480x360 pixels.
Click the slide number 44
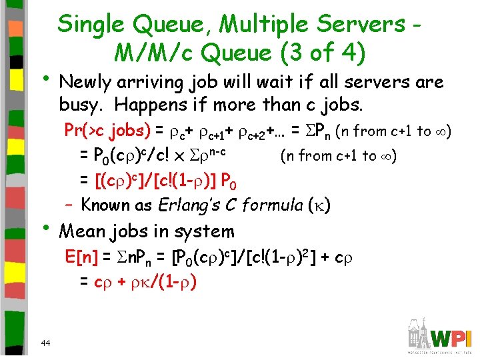pos(45,343)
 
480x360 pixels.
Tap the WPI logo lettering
pos(449,335)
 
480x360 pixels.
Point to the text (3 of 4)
pos(321,52)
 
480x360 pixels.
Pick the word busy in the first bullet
pos(78,105)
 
